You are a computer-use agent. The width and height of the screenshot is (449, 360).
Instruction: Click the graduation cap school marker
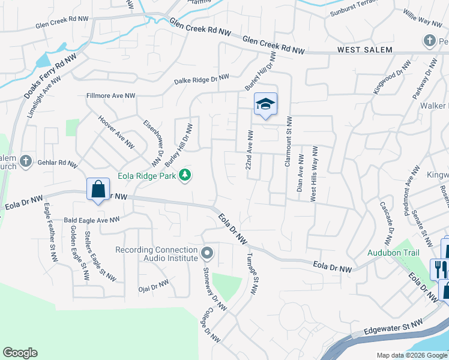point(265,105)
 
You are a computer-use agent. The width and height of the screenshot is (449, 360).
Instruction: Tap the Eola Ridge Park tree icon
point(186,175)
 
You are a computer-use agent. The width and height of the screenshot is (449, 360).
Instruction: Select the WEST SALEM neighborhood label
point(364,50)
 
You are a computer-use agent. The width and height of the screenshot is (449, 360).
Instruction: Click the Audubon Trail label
point(393,253)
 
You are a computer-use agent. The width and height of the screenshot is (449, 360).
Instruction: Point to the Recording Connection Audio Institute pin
point(207,253)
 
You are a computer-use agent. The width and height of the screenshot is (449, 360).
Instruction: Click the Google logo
point(20,353)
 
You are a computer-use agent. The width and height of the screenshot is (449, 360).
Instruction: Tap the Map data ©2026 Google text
point(411,355)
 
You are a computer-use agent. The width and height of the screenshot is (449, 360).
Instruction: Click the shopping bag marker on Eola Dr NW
point(98,190)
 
